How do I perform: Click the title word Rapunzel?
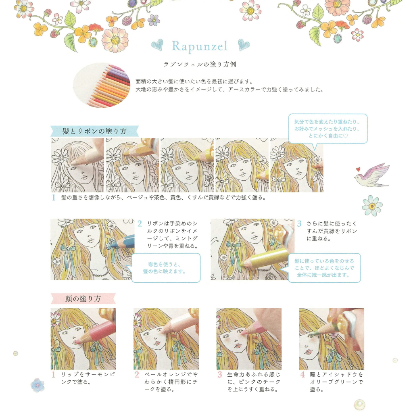pyautogui.click(x=200, y=46)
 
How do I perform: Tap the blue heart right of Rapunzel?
pyautogui.click(x=244, y=44)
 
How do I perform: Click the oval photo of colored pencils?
pyautogui.click(x=102, y=85)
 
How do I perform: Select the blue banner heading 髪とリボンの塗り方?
pyautogui.click(x=94, y=131)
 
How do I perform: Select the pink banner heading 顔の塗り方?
pyautogui.click(x=83, y=299)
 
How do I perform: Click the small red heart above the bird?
pyautogui.click(x=358, y=169)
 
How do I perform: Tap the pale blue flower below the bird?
pyautogui.click(x=372, y=206)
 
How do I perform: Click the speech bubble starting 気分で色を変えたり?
pyautogui.click(x=327, y=129)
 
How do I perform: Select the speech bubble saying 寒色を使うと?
pyautogui.click(x=165, y=268)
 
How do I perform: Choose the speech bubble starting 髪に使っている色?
pyautogui.click(x=324, y=268)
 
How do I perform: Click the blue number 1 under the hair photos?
pyautogui.click(x=54, y=198)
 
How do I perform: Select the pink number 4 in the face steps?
pyautogui.click(x=302, y=375)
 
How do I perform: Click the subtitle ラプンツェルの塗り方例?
pyautogui.click(x=200, y=65)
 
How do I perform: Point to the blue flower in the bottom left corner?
pyautogui.click(x=38, y=385)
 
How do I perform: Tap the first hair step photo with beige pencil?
pyautogui.click(x=77, y=165)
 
